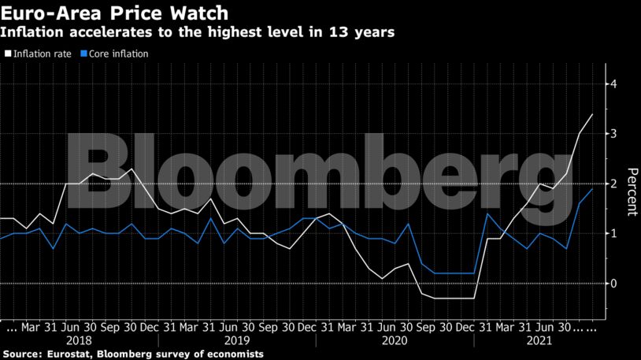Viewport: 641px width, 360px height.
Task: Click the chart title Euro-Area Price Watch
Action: [116, 13]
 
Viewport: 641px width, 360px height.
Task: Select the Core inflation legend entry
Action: [118, 54]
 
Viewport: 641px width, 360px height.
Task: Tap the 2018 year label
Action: [79, 340]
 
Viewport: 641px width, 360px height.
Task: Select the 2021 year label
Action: [539, 340]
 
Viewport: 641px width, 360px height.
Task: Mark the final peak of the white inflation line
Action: [592, 114]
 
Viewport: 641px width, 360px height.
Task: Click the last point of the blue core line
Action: [592, 188]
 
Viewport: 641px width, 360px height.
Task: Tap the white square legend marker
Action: [7, 54]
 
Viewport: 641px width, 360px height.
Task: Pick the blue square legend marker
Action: [83, 54]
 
